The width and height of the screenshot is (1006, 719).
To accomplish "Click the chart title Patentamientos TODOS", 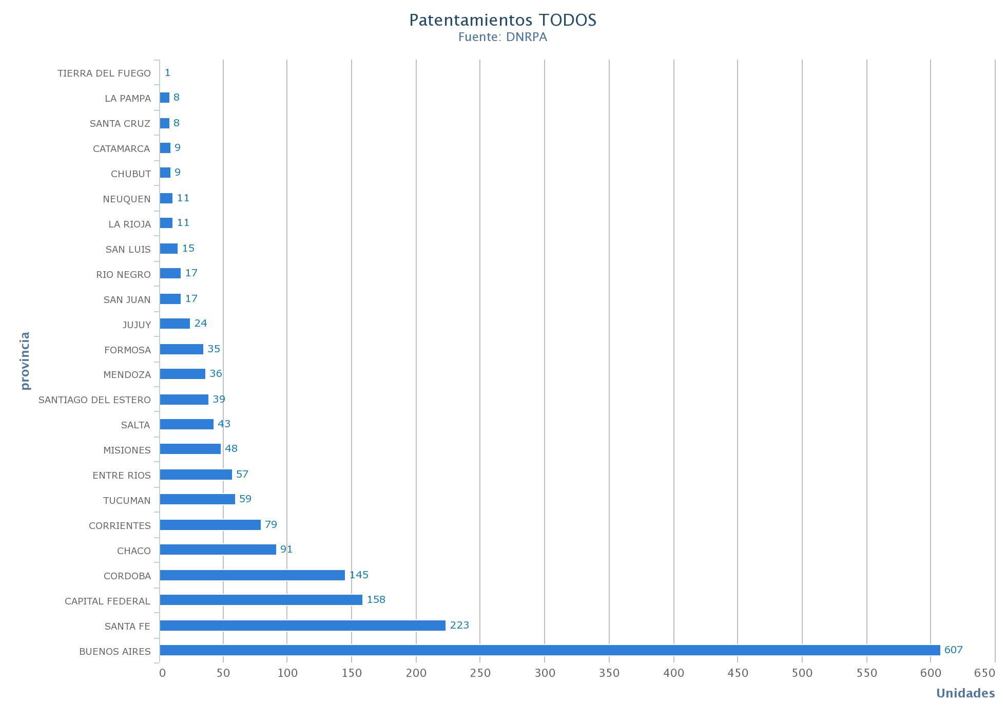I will [502, 20].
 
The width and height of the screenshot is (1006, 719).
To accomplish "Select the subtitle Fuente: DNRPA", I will [502, 37].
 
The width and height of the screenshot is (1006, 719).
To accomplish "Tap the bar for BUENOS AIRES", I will [550, 650].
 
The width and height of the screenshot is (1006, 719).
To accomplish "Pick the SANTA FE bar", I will [302, 626].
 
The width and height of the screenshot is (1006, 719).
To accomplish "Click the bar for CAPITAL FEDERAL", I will [261, 600].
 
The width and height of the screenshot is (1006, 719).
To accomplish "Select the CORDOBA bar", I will [252, 575].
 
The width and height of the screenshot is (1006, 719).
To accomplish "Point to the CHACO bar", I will [218, 550].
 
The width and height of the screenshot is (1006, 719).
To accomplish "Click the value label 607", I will [953, 650].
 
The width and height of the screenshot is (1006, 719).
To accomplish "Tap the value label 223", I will [459, 626].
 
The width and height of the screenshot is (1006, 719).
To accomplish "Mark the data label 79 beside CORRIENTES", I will [270, 525].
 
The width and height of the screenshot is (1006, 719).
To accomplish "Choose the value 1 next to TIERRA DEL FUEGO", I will [167, 73].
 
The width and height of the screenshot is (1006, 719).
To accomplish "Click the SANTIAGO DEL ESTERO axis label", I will [94, 400].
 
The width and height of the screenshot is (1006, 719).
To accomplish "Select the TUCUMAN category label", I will [127, 501].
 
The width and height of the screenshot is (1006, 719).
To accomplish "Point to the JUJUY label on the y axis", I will [137, 325].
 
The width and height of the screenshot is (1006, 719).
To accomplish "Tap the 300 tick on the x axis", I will [545, 673].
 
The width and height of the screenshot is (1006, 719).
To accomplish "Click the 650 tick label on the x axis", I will [984, 673].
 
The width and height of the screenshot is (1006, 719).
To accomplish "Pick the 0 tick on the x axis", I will [162, 673].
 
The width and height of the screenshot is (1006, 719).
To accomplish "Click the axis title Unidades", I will [965, 694].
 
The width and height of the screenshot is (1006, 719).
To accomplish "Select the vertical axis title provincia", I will [25, 361].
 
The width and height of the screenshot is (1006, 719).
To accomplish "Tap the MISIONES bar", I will [190, 449].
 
